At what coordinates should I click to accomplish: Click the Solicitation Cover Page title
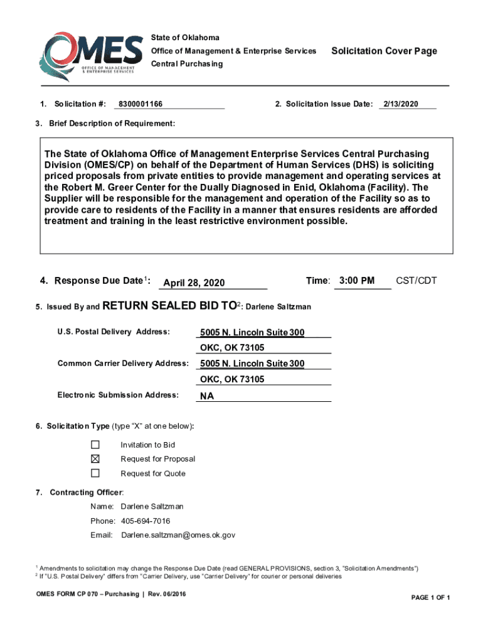coord(384,51)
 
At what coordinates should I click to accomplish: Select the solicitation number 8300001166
coord(141,104)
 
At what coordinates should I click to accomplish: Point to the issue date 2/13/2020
coord(401,104)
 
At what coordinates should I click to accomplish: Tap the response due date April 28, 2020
coord(194,283)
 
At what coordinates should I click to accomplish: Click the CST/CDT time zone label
coord(416,281)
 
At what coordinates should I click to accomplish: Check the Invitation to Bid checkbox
coord(95,445)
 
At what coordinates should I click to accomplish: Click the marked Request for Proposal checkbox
coord(95,459)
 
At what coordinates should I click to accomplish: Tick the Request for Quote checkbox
coord(95,473)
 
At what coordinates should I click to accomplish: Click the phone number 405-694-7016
coord(146,521)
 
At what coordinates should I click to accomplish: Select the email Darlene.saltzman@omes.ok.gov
coord(178,535)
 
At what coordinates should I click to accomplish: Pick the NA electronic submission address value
coord(206,396)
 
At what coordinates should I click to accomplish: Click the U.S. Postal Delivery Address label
coord(114,331)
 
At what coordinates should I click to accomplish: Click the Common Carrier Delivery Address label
coord(123,364)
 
